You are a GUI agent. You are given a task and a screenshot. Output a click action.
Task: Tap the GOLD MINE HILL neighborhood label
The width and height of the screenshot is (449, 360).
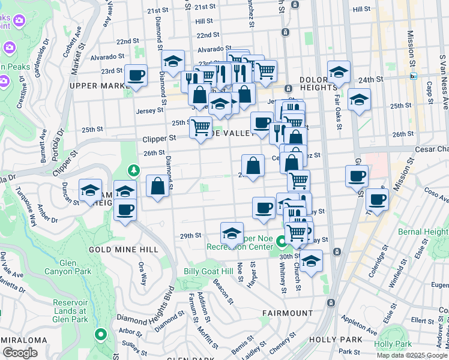(124, 249)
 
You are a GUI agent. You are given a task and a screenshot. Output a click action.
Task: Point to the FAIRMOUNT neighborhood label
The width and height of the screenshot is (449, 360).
(288, 313)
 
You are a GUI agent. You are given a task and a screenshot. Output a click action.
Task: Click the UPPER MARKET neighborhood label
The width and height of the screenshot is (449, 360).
(96, 86)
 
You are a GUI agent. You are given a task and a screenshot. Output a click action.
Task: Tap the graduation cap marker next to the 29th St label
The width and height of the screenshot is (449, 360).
(232, 232)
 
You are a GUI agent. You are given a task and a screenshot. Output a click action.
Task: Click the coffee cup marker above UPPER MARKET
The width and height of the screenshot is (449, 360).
(136, 76)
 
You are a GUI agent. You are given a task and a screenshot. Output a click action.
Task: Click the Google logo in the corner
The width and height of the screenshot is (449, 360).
(19, 353)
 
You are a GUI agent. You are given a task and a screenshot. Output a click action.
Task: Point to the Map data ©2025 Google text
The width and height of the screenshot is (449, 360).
(412, 355)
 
